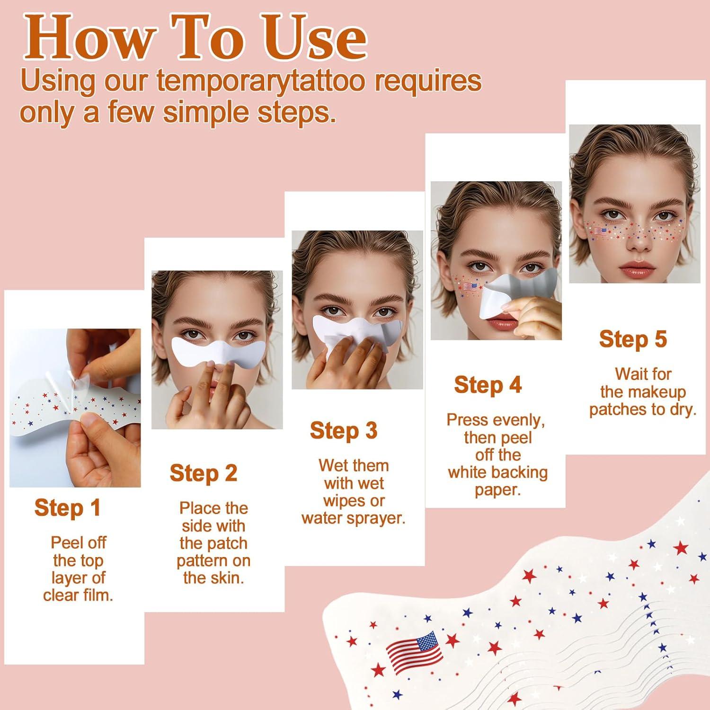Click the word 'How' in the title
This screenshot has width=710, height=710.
pyautogui.click(x=90, y=38)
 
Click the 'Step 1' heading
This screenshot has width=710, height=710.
pyautogui.click(x=68, y=508)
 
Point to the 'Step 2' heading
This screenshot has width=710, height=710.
pyautogui.click(x=204, y=473)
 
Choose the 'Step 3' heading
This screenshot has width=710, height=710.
pyautogui.click(x=344, y=431)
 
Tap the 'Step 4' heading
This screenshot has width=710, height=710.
pyautogui.click(x=488, y=385)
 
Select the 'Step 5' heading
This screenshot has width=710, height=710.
pyautogui.click(x=633, y=339)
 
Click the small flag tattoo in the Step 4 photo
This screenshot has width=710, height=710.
pyautogui.click(x=470, y=286)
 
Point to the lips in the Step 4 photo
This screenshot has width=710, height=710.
pyautogui.click(x=495, y=323)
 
